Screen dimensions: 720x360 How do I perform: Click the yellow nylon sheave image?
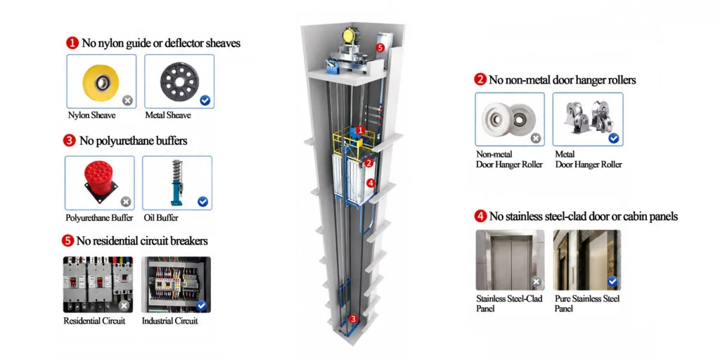[101, 83]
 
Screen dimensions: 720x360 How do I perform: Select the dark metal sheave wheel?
[179, 82]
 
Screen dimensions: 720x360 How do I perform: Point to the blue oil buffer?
[176, 182]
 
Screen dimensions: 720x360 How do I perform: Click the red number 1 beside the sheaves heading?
[72, 44]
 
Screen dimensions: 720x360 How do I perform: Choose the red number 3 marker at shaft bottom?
[353, 319]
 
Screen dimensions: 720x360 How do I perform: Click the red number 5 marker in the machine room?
[379, 47]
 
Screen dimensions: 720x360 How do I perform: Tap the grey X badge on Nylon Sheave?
[128, 100]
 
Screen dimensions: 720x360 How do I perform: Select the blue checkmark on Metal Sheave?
[205, 101]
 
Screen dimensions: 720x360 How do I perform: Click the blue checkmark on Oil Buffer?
[202, 202]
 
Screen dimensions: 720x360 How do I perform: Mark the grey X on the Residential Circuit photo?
[124, 306]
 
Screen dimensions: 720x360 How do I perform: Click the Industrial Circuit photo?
[176, 284]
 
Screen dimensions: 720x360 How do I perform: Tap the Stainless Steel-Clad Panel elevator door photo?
[510, 260]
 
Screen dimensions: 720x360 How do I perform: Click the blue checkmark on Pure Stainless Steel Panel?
[612, 281]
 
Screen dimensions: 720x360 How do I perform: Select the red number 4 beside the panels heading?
[480, 216]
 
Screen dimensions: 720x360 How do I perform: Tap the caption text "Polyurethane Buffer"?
[99, 218]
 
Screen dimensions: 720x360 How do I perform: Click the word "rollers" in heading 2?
[620, 80]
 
